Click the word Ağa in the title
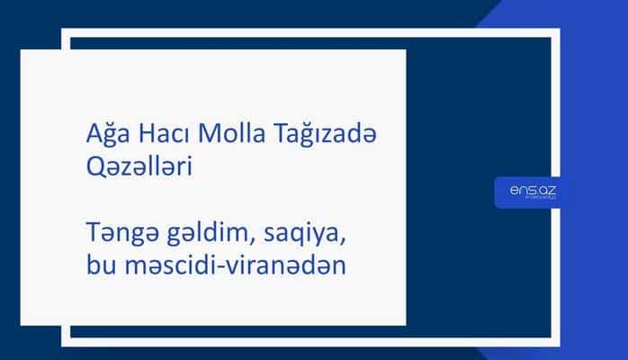pyautogui.click(x=97, y=136)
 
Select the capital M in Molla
pyautogui.click(x=205, y=135)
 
